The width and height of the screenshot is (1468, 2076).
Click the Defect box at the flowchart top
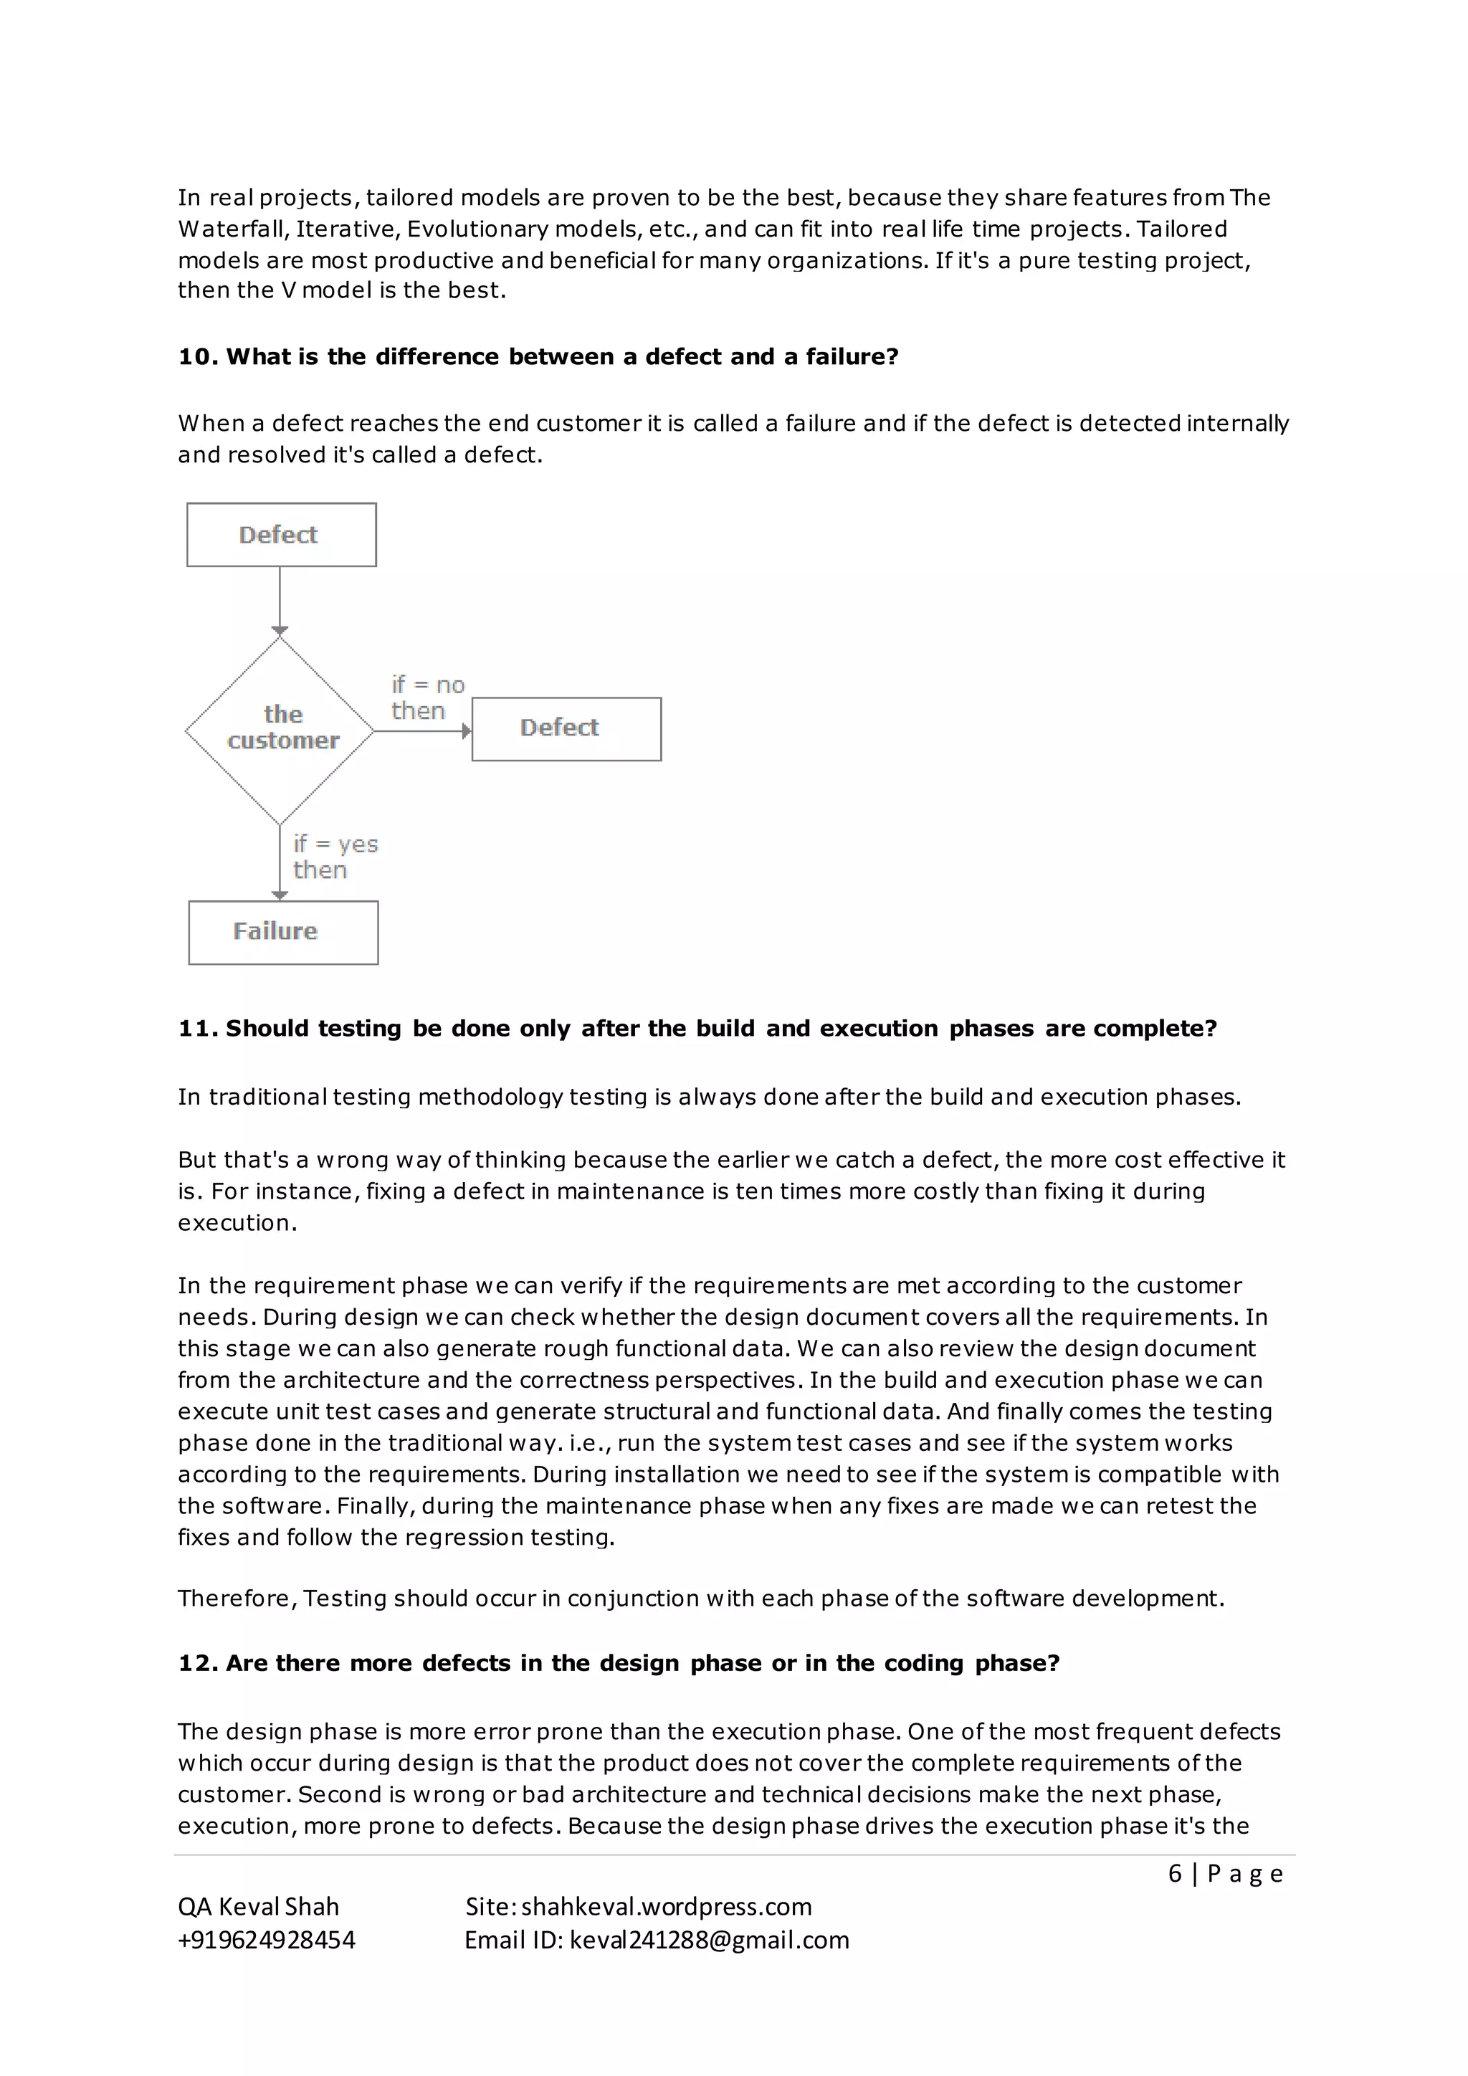pos(281,534)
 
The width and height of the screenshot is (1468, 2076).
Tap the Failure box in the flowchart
pos(283,931)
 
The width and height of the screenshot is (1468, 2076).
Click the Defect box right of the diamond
pos(566,728)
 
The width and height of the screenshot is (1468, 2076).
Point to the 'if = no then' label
pos(426,697)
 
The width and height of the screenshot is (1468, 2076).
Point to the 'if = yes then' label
pos(335,856)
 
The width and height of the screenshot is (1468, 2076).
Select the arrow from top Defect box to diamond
pos(280,601)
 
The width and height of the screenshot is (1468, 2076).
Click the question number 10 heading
pos(538,356)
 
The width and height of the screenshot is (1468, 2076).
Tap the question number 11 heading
pos(697,1028)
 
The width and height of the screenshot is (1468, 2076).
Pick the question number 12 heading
pos(619,1663)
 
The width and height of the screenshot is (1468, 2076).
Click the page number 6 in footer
pos(1174,1872)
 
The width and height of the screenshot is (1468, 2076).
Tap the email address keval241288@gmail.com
pos(709,1940)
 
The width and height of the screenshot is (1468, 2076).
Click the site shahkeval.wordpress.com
pos(666,1906)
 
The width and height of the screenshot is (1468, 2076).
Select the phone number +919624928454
pos(267,1940)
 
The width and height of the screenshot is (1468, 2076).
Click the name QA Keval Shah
pos(259,1906)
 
